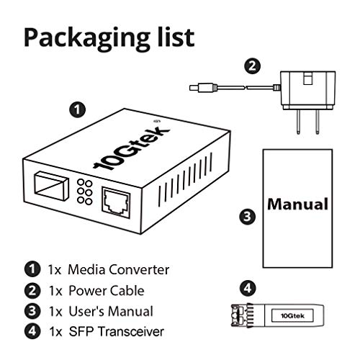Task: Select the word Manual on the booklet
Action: point(298,204)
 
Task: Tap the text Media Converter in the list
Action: point(118,270)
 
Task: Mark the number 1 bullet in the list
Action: point(31,270)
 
